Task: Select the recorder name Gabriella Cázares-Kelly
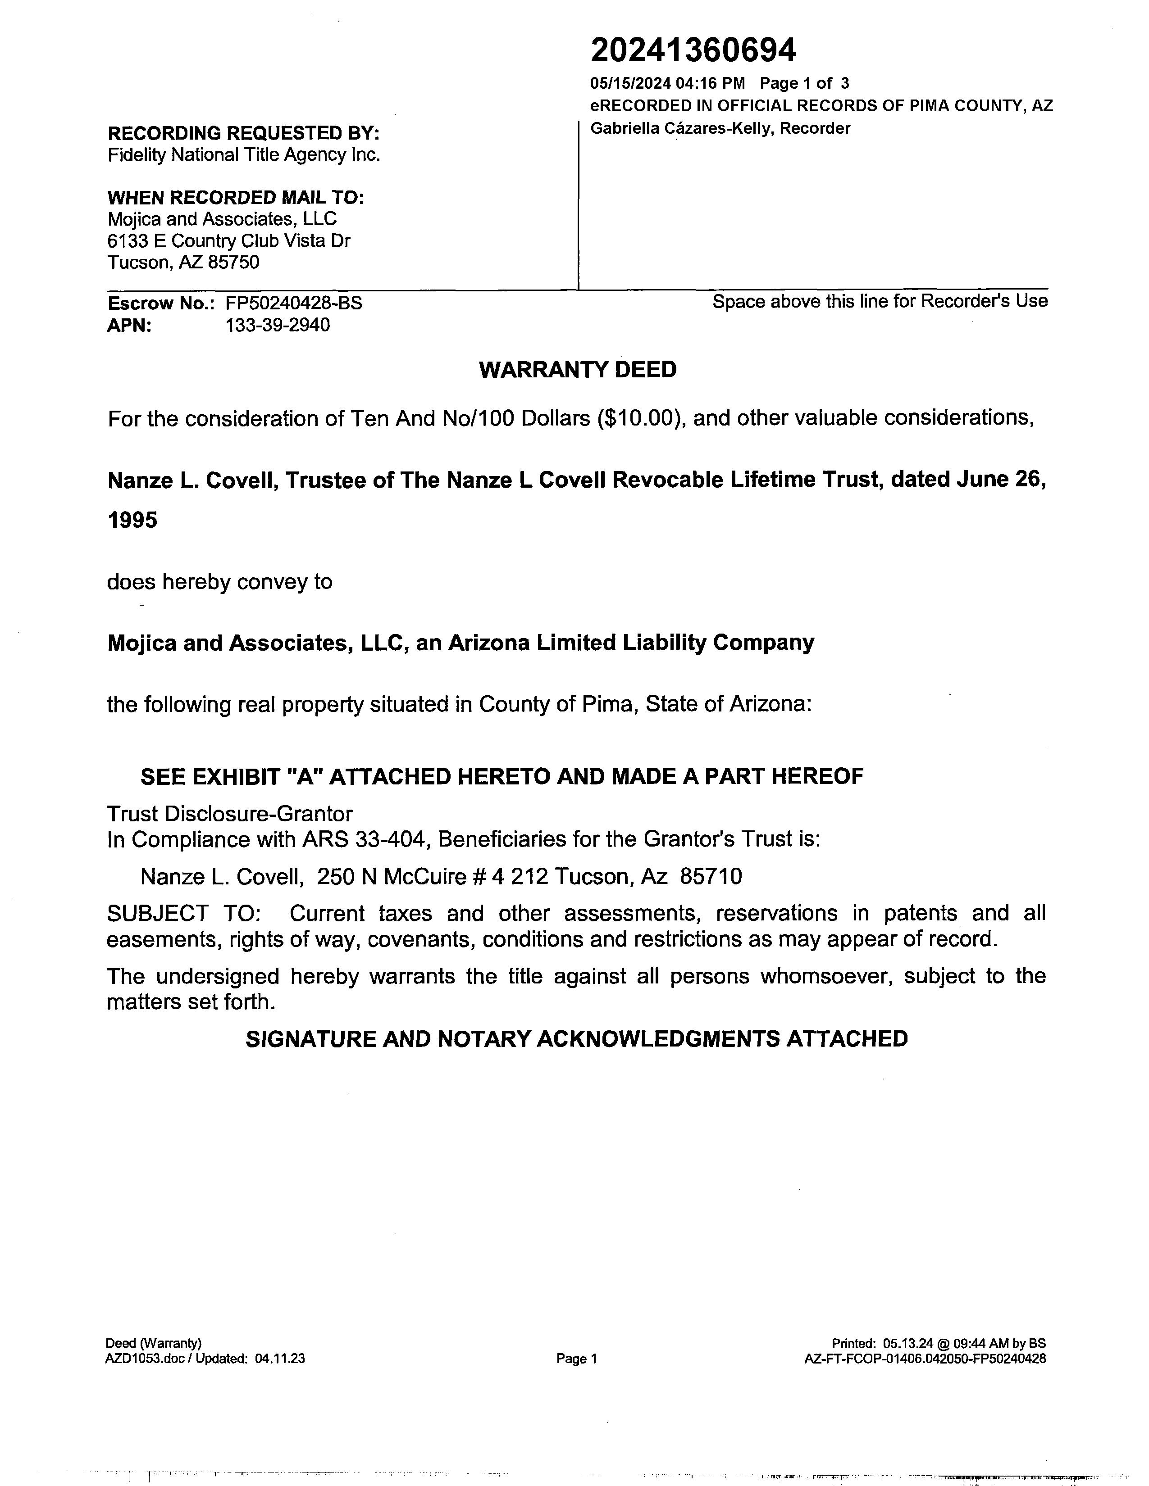coord(681,129)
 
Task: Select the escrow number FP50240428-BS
coord(293,304)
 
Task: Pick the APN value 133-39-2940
coord(278,325)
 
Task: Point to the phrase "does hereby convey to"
coord(219,582)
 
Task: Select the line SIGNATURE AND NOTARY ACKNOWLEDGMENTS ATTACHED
coord(577,1039)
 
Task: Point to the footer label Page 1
coord(576,1359)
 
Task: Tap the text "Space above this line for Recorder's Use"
coord(880,301)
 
